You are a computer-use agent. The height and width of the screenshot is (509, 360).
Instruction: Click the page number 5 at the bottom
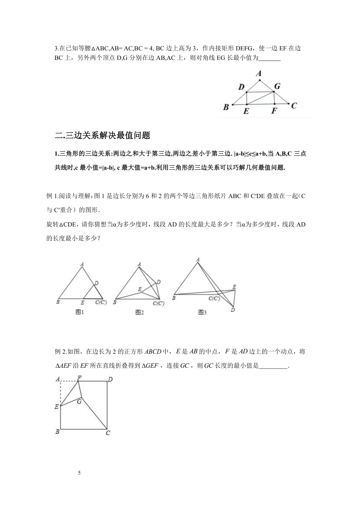[79, 473]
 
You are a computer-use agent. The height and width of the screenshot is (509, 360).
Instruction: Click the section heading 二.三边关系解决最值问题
[103, 135]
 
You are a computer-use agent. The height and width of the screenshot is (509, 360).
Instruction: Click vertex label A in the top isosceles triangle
[259, 73]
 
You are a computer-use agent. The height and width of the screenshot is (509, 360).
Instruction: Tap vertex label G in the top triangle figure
[277, 86]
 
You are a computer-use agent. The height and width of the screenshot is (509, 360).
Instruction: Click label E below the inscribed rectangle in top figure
[246, 111]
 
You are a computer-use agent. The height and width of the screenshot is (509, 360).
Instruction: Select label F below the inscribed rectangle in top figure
[274, 111]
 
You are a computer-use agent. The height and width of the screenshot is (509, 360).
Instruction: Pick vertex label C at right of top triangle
[294, 106]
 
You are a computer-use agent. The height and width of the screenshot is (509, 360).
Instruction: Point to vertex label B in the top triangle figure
[226, 107]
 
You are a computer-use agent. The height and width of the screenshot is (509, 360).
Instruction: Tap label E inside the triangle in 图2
[139, 289]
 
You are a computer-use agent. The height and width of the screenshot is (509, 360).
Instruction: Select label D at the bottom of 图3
[233, 310]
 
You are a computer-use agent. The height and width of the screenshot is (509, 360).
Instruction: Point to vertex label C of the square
[108, 433]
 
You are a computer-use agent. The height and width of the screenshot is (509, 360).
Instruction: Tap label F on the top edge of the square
[79, 378]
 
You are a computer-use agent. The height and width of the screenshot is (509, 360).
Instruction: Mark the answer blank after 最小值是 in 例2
[274, 366]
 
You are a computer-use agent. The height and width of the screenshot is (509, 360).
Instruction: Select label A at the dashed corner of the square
[58, 379]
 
